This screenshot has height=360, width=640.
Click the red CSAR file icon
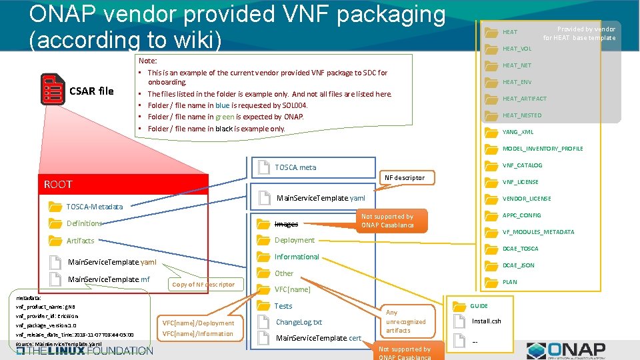click(x=53, y=90)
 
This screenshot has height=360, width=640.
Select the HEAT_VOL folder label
click(x=517, y=49)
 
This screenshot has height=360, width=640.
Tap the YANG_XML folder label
click(x=517, y=132)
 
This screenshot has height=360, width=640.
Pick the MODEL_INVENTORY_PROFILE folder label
click(x=542, y=149)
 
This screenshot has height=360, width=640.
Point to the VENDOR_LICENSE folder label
click(x=526, y=199)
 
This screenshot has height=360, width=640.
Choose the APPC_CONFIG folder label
click(x=521, y=215)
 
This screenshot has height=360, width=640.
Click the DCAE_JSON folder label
click(x=518, y=265)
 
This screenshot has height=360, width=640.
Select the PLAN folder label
click(x=509, y=282)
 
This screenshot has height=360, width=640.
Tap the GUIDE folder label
click(x=479, y=306)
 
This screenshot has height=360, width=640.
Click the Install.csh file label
click(x=486, y=321)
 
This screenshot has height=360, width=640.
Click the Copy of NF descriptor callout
click(x=203, y=285)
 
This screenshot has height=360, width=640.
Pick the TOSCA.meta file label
click(x=295, y=167)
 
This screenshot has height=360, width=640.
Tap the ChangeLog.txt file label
click(x=298, y=322)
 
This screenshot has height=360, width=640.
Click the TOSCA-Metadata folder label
click(x=94, y=207)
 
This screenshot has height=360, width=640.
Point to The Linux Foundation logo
click(x=85, y=350)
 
